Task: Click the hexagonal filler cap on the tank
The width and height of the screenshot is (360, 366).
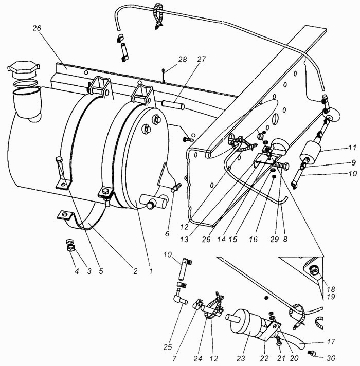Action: click(24, 69)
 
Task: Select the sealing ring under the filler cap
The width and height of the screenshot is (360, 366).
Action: click(25, 84)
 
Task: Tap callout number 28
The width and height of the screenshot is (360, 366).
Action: click(183, 59)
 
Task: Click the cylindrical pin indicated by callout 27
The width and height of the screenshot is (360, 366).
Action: click(173, 105)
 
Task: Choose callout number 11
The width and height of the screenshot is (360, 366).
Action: click(352, 148)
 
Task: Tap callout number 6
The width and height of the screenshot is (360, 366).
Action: click(167, 233)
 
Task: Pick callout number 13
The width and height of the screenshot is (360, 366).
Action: click(184, 239)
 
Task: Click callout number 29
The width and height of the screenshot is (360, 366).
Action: click(274, 239)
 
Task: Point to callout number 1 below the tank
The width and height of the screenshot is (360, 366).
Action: click(151, 271)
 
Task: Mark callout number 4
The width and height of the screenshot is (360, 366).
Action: click(77, 271)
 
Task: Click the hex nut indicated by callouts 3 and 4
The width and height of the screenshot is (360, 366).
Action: click(70, 248)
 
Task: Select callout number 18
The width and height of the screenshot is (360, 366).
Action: click(331, 289)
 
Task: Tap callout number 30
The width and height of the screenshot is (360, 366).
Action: click(331, 358)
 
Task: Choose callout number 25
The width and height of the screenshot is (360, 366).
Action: click(168, 347)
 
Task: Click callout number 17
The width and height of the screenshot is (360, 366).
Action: click(331, 341)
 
